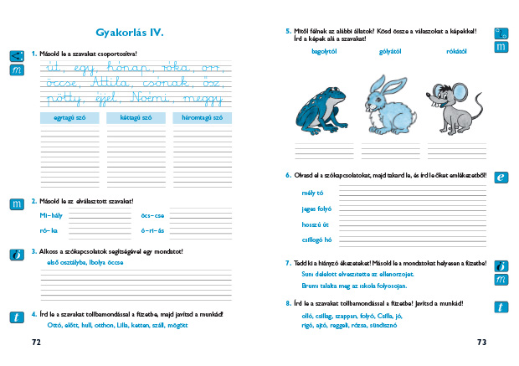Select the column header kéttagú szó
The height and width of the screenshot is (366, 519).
pyautogui.click(x=134, y=118)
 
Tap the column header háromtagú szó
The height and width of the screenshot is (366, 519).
pyautogui.click(x=202, y=118)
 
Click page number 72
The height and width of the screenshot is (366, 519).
pyautogui.click(x=36, y=343)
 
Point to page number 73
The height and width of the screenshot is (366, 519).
pyautogui.click(x=481, y=343)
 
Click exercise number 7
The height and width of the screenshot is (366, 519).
pyautogui.click(x=287, y=262)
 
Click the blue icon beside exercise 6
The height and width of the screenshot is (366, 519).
pyautogui.click(x=501, y=178)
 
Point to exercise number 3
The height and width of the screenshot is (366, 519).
pyautogui.click(x=33, y=250)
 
